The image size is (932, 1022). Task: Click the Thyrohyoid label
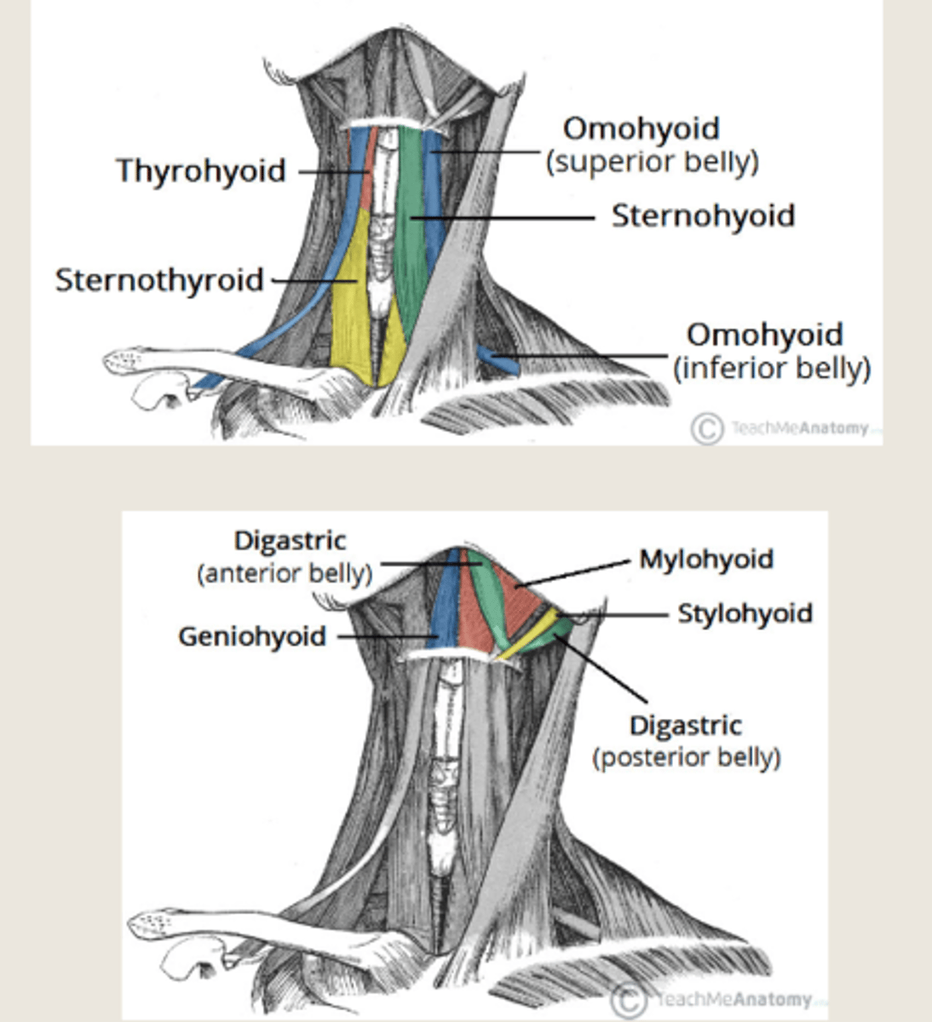point(201,170)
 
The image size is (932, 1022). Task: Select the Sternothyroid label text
point(159,280)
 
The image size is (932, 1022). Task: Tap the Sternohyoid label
point(703,216)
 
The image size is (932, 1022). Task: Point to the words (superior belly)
point(652,162)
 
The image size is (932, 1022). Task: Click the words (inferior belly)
point(772,369)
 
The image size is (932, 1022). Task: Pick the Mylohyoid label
point(706,560)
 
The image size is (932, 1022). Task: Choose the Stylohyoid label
point(745,613)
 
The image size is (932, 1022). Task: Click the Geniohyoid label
point(252,636)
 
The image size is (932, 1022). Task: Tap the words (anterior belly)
point(285,573)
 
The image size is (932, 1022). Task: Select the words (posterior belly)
point(687,757)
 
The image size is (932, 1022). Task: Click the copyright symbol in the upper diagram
point(706,428)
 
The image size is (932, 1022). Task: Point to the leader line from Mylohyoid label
point(579,573)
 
